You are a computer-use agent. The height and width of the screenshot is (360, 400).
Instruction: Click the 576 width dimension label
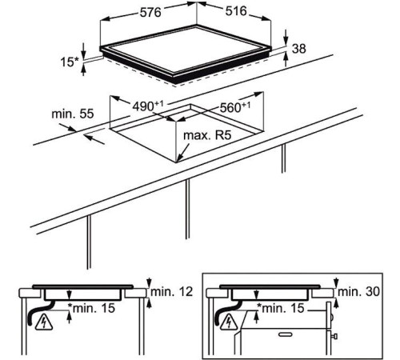(150, 13)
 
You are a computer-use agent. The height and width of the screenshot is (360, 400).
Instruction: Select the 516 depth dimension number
(236, 11)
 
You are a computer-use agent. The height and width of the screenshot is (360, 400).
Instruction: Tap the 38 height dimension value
(298, 49)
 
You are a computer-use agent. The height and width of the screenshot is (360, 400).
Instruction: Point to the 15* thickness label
(70, 62)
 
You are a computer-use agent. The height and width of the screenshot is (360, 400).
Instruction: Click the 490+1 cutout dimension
(148, 106)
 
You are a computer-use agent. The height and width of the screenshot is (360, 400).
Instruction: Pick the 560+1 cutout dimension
(235, 107)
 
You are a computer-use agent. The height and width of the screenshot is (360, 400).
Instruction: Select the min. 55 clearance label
(73, 114)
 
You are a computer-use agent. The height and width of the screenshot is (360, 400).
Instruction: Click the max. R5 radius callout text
(207, 135)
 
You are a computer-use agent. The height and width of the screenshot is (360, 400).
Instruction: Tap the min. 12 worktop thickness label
(171, 292)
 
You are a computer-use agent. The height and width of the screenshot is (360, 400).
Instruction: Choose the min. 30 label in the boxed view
(358, 292)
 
